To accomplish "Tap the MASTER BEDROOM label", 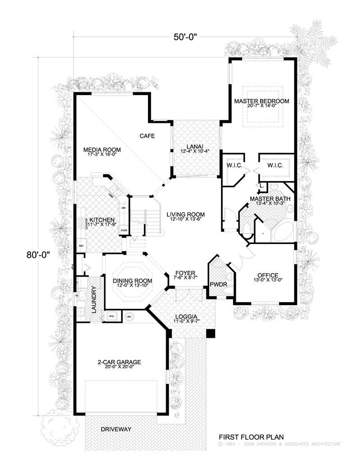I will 261,101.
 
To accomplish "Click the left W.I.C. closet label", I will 234,166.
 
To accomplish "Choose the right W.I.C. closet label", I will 275,166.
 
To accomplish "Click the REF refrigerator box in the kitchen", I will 81,246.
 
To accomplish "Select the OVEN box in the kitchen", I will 124,231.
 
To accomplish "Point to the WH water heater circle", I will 129,317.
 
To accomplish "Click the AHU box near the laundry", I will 111,317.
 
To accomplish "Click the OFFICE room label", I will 267,276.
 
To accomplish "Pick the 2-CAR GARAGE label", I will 119,362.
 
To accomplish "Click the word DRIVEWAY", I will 116,429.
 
